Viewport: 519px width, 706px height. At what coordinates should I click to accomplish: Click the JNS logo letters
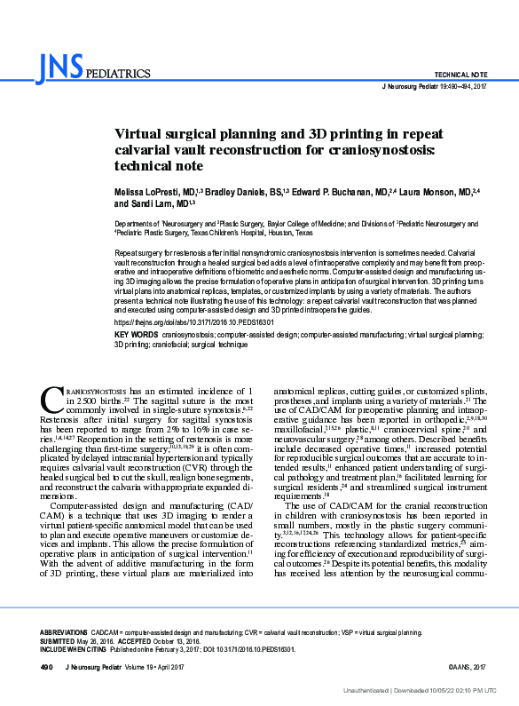[61, 66]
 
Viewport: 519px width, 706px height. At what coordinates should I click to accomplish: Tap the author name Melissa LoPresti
[142, 191]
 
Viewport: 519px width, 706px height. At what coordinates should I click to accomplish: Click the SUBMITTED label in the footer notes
[59, 640]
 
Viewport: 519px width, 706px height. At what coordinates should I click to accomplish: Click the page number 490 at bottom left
[46, 666]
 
